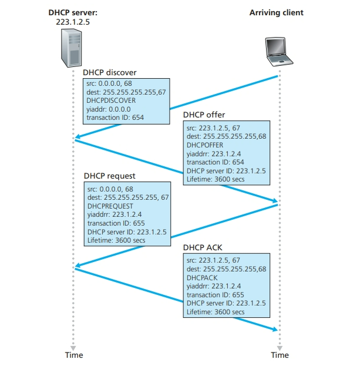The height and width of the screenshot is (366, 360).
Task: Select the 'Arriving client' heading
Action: (x=277, y=12)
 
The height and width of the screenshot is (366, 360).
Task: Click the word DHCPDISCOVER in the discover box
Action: (x=111, y=100)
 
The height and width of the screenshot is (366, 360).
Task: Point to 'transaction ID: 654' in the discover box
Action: (x=115, y=117)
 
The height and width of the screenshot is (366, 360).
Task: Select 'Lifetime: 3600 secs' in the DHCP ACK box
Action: (x=216, y=312)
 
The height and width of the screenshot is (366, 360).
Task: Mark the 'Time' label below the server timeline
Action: (x=73, y=355)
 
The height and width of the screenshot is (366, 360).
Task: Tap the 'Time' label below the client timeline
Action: (x=280, y=355)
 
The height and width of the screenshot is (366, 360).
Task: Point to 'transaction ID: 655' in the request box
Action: (x=115, y=224)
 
